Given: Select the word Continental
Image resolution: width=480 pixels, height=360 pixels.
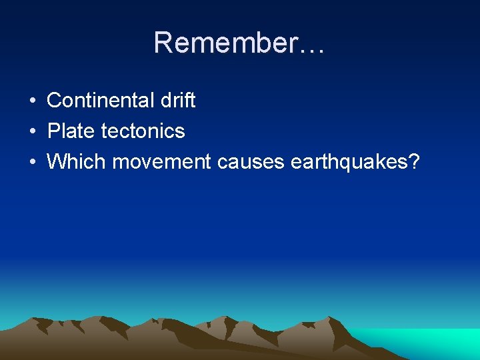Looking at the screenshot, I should [x=101, y=101].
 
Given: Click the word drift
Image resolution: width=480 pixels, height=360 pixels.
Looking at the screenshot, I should [x=178, y=101].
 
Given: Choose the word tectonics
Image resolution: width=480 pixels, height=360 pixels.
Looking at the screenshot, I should [x=143, y=131].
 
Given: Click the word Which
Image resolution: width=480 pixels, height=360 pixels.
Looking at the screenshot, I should [x=76, y=161].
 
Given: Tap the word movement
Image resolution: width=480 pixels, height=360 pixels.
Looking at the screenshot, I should [x=161, y=161].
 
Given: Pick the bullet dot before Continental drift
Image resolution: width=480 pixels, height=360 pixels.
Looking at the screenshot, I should [x=32, y=101].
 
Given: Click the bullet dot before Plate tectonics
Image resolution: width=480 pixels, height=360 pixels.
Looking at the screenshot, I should [x=32, y=131].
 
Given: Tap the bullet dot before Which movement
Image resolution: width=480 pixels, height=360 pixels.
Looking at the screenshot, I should [x=32, y=161].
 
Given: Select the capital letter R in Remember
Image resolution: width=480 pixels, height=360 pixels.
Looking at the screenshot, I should [x=163, y=43].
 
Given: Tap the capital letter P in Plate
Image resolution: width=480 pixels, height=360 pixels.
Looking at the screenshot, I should [x=53, y=131].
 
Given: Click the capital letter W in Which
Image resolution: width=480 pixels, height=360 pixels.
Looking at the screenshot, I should [x=55, y=161].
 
